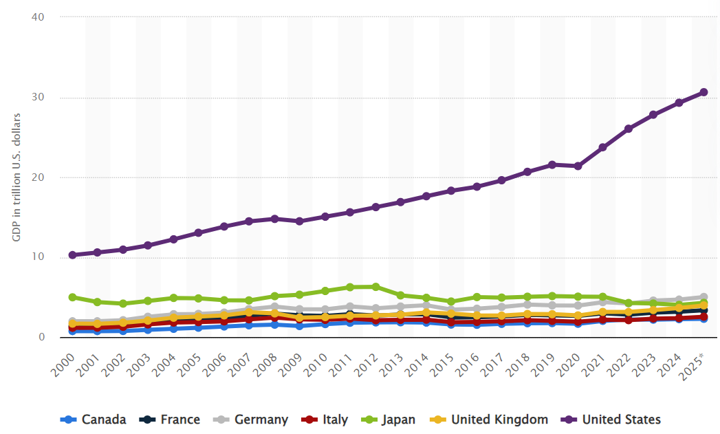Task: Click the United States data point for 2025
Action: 703,92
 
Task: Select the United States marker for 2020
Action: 578,166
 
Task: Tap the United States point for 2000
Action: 72,255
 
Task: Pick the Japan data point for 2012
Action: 375,287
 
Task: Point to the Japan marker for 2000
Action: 72,297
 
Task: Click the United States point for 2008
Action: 274,219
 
